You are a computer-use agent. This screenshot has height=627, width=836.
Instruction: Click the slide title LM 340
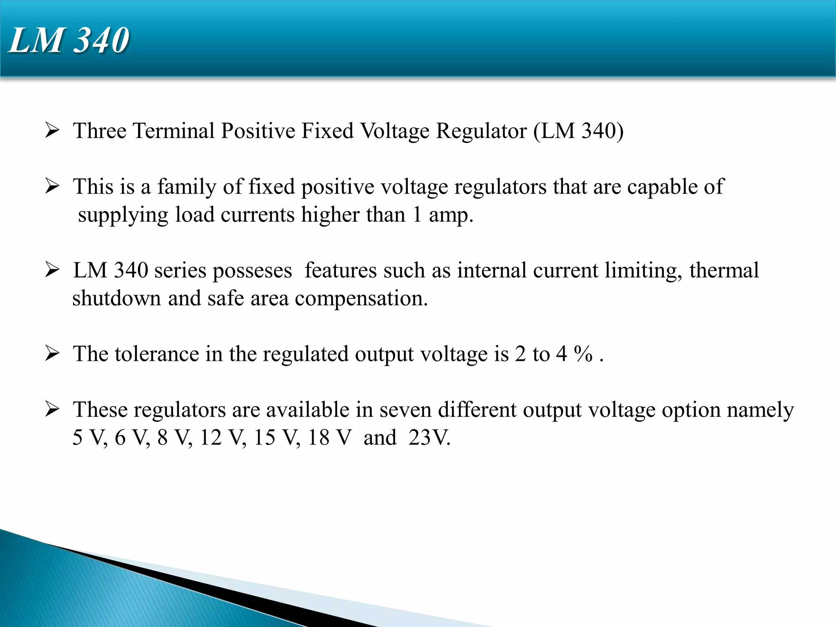pyautogui.click(x=69, y=40)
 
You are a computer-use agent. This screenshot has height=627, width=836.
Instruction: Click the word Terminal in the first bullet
pyautogui.click(x=173, y=131)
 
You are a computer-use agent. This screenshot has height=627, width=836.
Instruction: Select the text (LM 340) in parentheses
pyautogui.click(x=578, y=131)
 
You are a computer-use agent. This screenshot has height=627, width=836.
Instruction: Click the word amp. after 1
pyautogui.click(x=451, y=215)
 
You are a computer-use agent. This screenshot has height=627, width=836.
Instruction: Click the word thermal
pyautogui.click(x=724, y=270)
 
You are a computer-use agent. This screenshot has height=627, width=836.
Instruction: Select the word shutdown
pyautogui.click(x=116, y=298)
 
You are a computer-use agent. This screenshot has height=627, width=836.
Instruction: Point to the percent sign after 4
pyautogui.click(x=583, y=354)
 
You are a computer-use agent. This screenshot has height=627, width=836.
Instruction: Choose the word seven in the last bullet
pyautogui.click(x=405, y=410)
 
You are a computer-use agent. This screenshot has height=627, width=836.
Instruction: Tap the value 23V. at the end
pyautogui.click(x=429, y=438)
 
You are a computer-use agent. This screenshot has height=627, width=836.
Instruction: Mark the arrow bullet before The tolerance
pyautogui.click(x=52, y=354)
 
